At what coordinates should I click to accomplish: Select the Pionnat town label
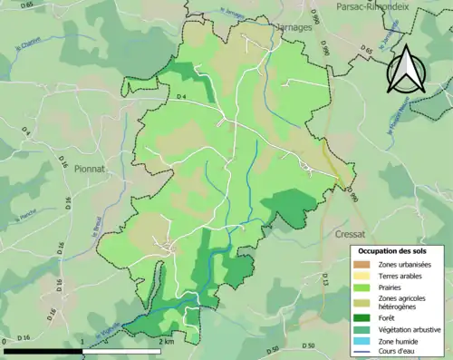96,168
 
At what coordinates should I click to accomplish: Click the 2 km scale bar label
167,341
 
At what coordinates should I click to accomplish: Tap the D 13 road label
323,284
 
